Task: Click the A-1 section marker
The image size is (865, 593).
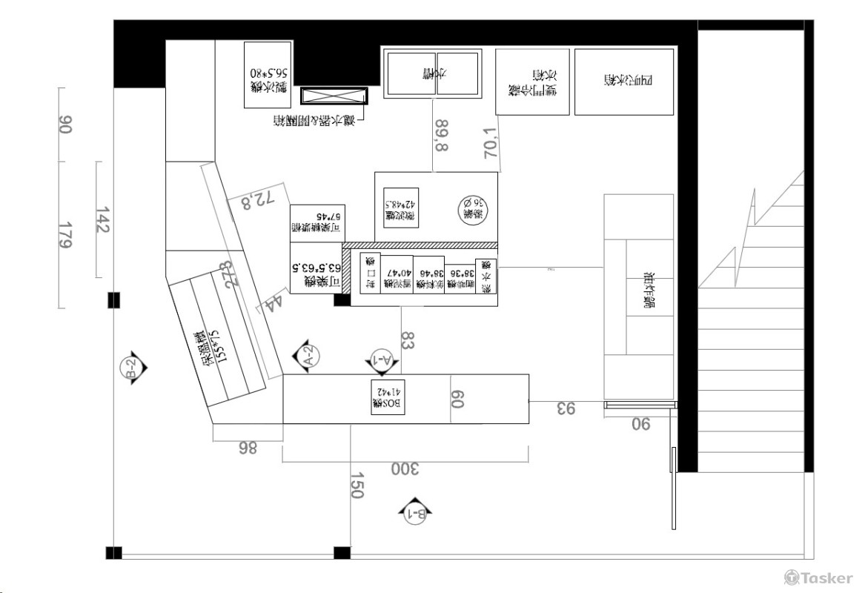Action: pos(382,361)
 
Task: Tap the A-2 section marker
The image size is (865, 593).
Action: pos(308,356)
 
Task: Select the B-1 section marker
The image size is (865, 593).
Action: pos(414,511)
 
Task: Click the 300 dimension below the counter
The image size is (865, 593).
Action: pos(405,469)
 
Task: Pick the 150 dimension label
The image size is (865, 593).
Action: pos(357,486)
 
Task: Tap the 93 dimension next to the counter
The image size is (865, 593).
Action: pos(566,407)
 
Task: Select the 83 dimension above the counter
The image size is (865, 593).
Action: pos(408,340)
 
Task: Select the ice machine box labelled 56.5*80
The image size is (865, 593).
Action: pos(268,75)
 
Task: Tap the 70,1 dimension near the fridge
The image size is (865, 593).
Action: pos(490,143)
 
